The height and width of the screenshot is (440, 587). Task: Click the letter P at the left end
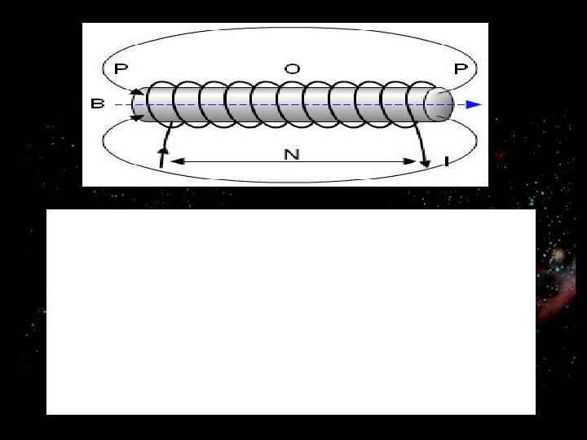[x=121, y=69]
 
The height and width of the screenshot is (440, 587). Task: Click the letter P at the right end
[x=461, y=69]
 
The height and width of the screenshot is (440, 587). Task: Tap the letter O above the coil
[x=291, y=69]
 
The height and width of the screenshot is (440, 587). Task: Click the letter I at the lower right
[x=448, y=162]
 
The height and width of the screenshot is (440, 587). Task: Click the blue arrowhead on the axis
[x=474, y=104]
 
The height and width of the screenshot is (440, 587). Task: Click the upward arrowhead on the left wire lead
[x=163, y=151]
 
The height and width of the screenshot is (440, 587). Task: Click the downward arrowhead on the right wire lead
[x=426, y=164]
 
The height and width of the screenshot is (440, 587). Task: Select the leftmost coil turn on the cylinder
[x=160, y=104]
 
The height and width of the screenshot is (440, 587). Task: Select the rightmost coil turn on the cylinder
[x=421, y=104]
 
